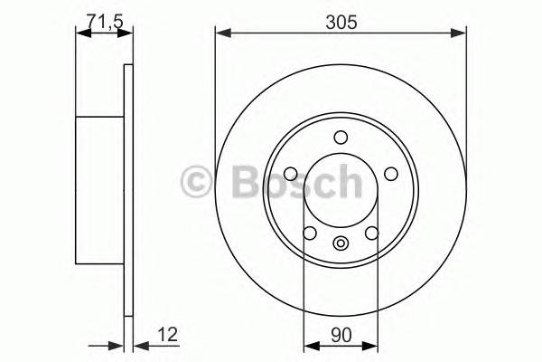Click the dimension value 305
341,23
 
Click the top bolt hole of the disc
341,138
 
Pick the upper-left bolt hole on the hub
291,175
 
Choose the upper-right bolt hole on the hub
390,175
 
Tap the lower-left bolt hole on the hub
310,234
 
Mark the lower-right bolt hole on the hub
372,234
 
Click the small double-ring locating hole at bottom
341,243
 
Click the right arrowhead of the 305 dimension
462,34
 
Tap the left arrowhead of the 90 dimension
308,344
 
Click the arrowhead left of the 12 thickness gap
117,344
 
